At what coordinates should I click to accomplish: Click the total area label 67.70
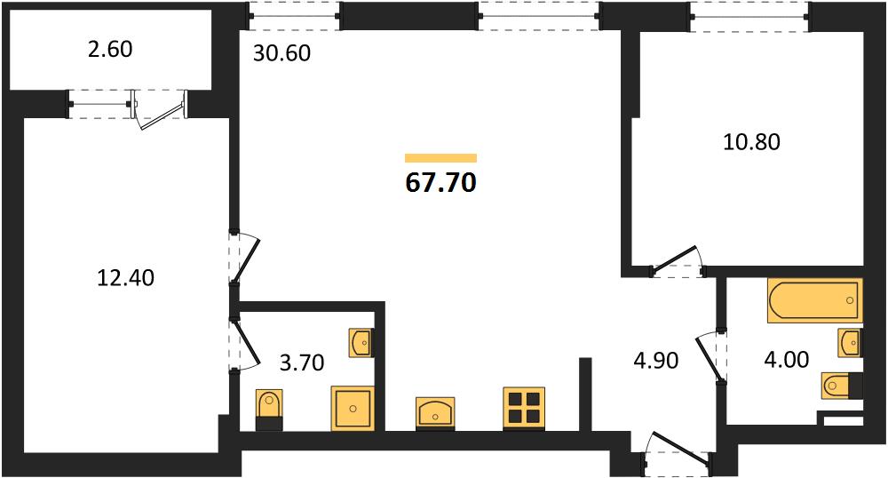coord(440,182)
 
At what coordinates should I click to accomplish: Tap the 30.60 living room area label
coord(281,53)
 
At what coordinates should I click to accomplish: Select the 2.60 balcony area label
coord(110,49)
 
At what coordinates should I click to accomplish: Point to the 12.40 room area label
coord(126,277)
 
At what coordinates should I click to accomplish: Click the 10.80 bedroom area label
coord(751,141)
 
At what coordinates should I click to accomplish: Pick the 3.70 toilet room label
coord(302,362)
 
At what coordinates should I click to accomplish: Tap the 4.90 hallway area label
coord(656,360)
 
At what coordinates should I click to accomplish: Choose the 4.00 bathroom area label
coord(787,359)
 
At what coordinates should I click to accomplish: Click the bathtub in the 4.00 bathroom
coord(815,300)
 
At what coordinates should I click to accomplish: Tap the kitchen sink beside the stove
coord(435,413)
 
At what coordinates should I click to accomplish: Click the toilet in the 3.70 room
coord(269,410)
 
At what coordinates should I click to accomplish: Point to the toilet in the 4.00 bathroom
coord(842,386)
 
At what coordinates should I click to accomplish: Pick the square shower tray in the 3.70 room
coord(353,409)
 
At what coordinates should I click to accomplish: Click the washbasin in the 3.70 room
coord(361,342)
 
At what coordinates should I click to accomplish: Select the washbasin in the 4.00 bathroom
coord(850,342)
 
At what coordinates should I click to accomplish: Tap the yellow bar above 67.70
coord(440,158)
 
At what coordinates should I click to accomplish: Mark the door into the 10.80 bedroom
coord(676,261)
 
